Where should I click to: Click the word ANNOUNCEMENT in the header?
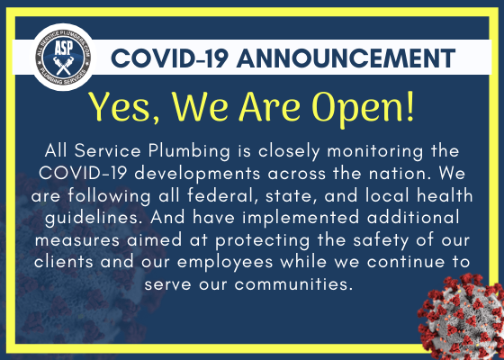click(346, 58)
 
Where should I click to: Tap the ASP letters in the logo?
click(63, 49)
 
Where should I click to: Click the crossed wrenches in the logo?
click(63, 66)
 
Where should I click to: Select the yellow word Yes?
click(124, 107)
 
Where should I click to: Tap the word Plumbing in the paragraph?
click(189, 151)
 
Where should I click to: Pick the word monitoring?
click(374, 151)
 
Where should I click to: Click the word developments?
click(197, 175)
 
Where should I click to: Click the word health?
click(445, 196)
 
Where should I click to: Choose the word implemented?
click(301, 218)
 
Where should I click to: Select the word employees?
click(225, 263)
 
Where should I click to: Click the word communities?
click(292, 284)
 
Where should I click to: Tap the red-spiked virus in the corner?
click(463, 319)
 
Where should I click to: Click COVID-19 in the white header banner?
click(170, 58)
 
